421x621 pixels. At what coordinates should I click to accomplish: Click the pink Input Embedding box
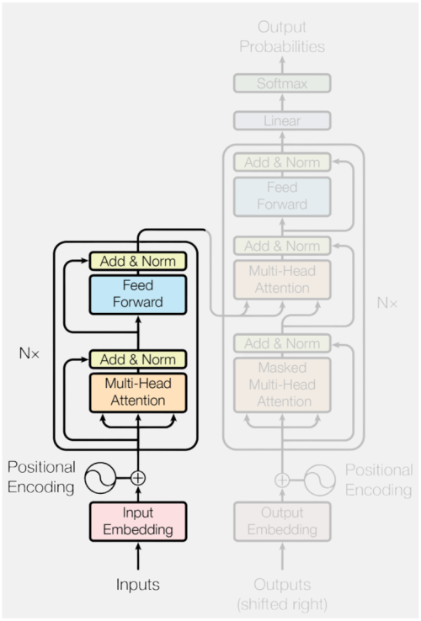pos(138,521)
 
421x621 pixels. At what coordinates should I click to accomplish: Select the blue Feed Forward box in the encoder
pos(138,295)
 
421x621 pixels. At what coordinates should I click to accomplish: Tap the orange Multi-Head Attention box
pos(138,392)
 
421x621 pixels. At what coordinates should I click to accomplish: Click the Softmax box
pos(282,83)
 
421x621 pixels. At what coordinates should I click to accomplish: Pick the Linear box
pos(282,120)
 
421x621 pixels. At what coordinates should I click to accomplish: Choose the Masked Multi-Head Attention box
pos(282,385)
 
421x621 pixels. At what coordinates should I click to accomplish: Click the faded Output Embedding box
pos(282,521)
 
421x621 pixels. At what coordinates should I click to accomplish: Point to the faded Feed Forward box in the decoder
pos(282,196)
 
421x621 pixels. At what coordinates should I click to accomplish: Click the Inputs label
pos(138,585)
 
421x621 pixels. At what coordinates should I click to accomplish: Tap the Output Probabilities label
pos(282,37)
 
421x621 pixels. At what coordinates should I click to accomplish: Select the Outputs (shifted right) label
pos(282,594)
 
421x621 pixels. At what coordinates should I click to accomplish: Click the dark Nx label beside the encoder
pos(29,353)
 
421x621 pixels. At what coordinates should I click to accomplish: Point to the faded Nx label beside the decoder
pos(387,303)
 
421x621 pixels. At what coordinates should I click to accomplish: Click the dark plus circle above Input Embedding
pos(138,478)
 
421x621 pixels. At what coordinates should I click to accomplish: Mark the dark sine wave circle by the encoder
pos(100,478)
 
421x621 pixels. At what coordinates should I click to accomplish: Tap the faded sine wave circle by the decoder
pos(320,480)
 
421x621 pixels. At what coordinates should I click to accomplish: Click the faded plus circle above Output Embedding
pos(282,480)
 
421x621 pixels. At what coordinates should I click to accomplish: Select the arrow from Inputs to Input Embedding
pos(138,556)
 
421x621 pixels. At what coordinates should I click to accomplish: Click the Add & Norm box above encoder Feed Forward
pos(138,261)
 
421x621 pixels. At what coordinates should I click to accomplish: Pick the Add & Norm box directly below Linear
pos(282,162)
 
